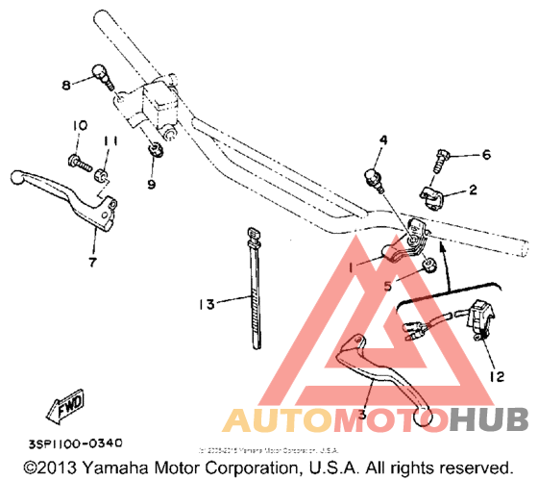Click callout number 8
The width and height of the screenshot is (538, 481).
(67, 86)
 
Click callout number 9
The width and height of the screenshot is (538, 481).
(151, 184)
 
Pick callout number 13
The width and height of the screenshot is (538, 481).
(205, 304)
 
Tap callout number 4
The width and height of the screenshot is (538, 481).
(382, 140)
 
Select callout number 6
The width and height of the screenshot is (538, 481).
(486, 154)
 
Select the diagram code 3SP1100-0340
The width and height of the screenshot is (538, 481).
(75, 443)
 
